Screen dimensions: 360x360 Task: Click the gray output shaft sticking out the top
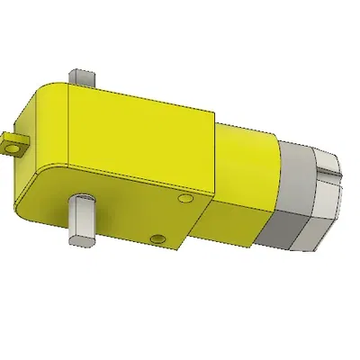point(82,77)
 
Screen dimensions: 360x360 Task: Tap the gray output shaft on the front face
point(80,220)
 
